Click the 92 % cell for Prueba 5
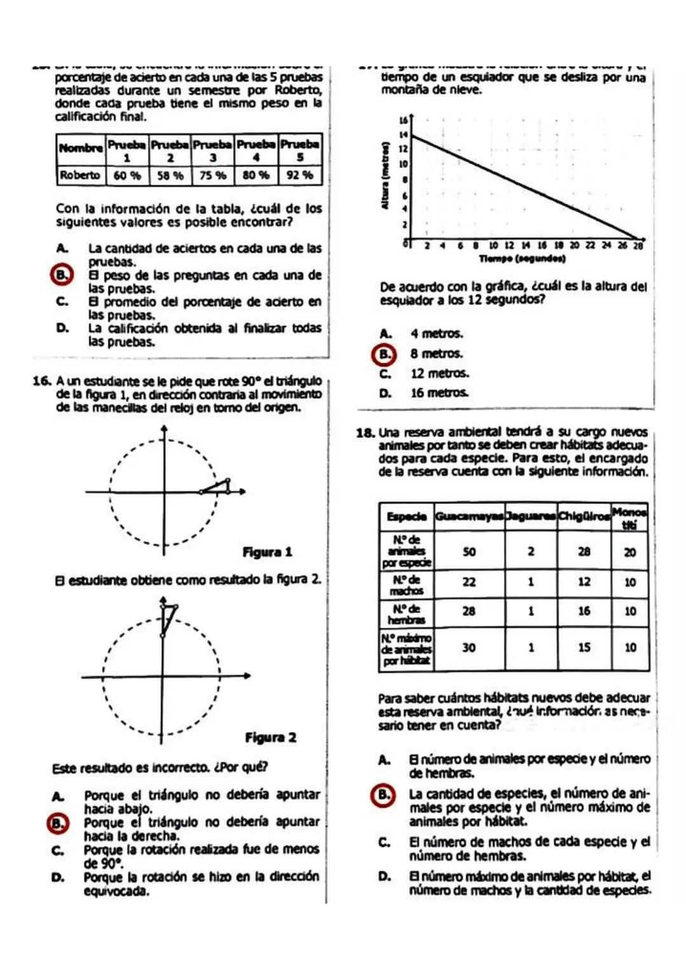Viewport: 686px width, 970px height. pyautogui.click(x=300, y=175)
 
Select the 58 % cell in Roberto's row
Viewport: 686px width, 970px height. pyautogui.click(x=170, y=175)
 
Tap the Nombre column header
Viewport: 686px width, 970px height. pyautogui.click(x=81, y=148)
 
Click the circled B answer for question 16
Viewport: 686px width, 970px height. pyautogui.click(x=58, y=823)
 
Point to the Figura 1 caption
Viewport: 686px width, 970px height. pyautogui.click(x=267, y=552)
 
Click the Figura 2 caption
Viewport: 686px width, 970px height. pyautogui.click(x=271, y=738)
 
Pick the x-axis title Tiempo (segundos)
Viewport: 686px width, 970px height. pyautogui.click(x=522, y=259)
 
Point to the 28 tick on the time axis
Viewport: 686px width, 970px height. pyautogui.click(x=638, y=246)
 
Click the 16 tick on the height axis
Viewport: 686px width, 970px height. pyautogui.click(x=403, y=120)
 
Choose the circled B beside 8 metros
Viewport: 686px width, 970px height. pyautogui.click(x=384, y=354)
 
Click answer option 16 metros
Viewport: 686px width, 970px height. pyautogui.click(x=439, y=393)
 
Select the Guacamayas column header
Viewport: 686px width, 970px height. pyautogui.click(x=469, y=516)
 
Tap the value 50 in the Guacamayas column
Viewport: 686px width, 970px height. pyautogui.click(x=469, y=552)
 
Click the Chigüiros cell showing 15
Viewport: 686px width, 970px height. pyautogui.click(x=584, y=648)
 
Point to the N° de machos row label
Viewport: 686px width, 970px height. pyautogui.click(x=407, y=585)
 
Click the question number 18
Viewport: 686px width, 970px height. pyautogui.click(x=365, y=433)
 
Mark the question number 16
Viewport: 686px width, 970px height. pyautogui.click(x=42, y=381)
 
